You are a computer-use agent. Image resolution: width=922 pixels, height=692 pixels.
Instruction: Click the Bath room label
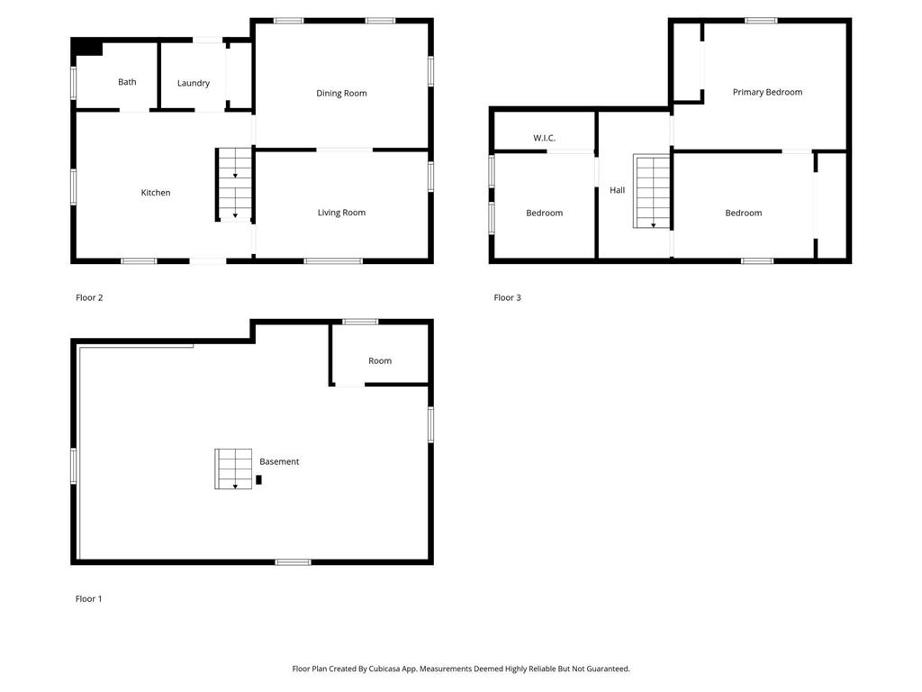127,82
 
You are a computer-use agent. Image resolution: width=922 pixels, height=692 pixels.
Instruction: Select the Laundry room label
193,83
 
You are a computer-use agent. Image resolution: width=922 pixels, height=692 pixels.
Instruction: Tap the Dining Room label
341,93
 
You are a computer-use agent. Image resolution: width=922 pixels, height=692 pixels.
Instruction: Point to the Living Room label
341,213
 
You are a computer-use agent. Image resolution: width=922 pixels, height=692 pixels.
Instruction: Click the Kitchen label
155,193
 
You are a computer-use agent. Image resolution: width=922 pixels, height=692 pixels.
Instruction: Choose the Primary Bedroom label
767,92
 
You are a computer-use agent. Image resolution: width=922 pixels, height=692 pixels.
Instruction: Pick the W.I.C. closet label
544,138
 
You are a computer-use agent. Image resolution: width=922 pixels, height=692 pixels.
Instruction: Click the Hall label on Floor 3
617,190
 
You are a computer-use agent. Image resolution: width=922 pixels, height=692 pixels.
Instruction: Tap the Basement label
279,461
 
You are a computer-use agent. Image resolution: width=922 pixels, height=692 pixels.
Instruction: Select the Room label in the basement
380,360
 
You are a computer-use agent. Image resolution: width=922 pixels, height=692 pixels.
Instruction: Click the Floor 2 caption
89,297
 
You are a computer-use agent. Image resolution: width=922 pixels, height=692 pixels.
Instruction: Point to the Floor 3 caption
507,297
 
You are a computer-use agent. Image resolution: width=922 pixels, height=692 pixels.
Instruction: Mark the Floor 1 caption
88,598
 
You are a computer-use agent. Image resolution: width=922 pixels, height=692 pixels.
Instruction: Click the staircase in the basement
233,469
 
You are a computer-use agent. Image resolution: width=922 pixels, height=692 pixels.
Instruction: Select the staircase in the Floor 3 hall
653,192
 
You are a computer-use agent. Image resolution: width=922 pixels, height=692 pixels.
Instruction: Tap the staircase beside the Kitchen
234,185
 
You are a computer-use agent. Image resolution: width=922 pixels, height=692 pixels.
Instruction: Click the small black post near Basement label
258,479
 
